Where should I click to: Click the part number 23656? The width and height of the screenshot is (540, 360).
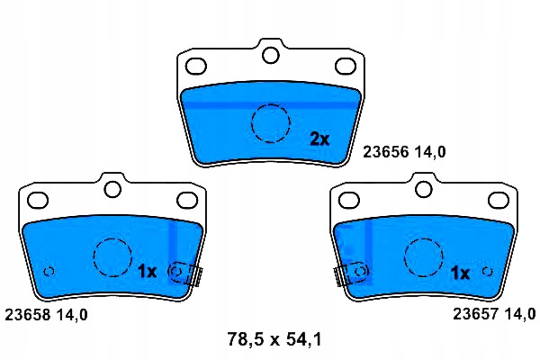tap(386, 152)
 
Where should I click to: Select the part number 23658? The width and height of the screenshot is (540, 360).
tap(28, 315)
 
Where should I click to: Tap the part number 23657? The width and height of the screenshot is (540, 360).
tap(475, 314)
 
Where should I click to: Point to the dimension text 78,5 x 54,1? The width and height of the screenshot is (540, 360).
tap(274, 339)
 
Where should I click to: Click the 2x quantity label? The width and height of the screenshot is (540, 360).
tap(319, 139)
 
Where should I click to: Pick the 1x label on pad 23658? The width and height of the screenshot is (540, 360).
tap(147, 272)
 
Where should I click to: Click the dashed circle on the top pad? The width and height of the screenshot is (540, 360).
tap(270, 104)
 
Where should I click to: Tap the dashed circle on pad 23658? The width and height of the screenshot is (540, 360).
tap(112, 238)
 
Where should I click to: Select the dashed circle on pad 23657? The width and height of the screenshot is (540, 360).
tap(424, 238)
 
